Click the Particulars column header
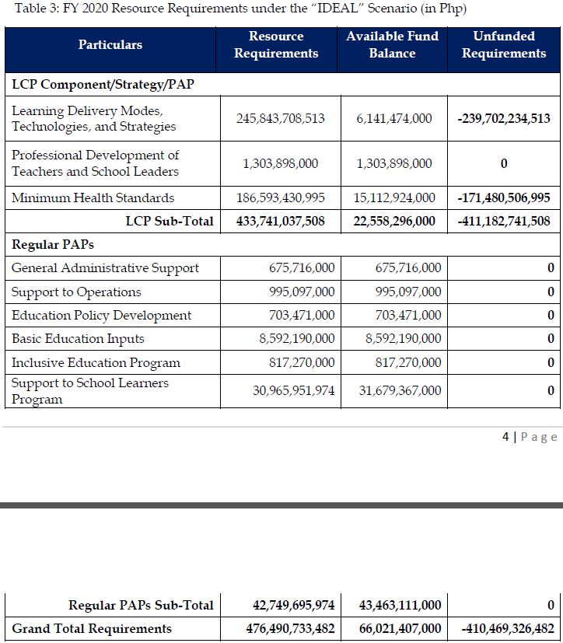(110, 45)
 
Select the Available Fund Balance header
(392, 45)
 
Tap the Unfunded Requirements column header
(503, 45)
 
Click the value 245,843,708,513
(280, 119)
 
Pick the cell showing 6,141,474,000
(394, 119)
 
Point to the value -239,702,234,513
(504, 119)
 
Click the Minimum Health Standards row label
(93, 197)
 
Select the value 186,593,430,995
(280, 197)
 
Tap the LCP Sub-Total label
(170, 221)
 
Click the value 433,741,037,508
(280, 221)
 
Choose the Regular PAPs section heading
(52, 244)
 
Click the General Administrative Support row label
(105, 268)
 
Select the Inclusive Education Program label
(96, 363)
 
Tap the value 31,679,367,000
(400, 390)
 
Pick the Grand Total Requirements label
(92, 628)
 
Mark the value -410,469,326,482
(507, 628)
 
